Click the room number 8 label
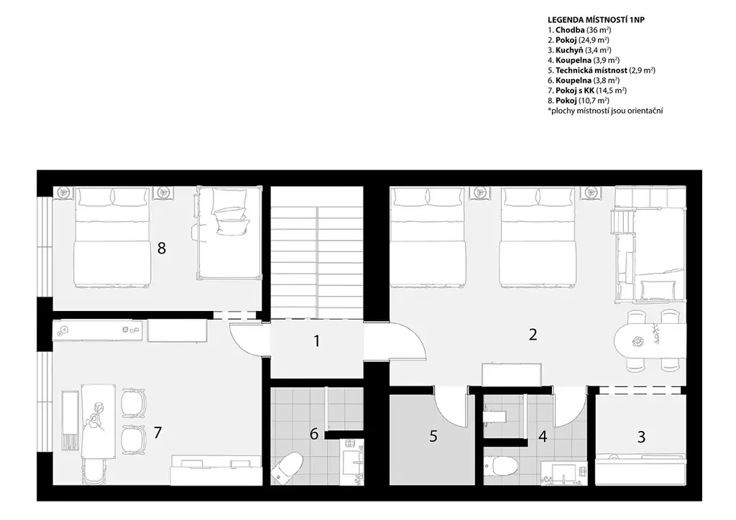[162, 248]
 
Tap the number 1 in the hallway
[317, 341]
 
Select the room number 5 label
[433, 437]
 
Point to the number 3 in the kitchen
[641, 437]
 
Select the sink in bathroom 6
[351, 462]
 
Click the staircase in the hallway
[317, 252]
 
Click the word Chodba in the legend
[570, 30]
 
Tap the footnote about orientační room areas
[605, 111]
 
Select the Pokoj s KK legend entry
[587, 90]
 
